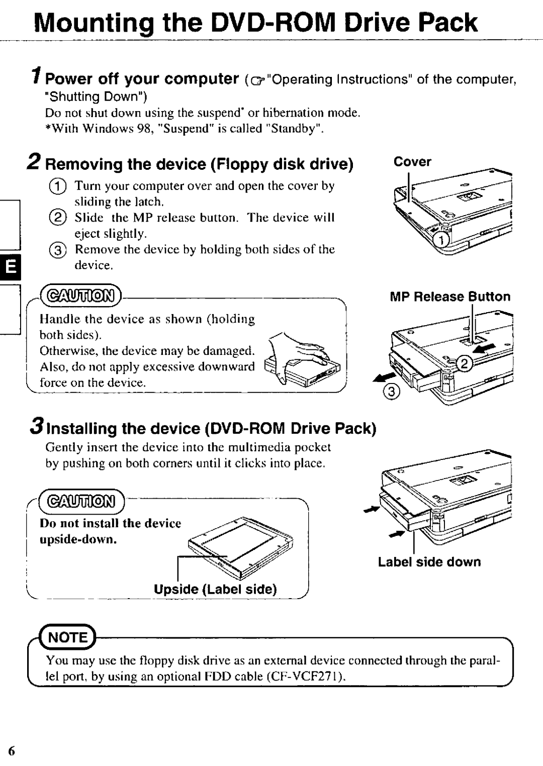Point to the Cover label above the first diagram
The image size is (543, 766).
coord(412,162)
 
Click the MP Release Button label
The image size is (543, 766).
coord(450,297)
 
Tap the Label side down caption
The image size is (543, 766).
coord(429,562)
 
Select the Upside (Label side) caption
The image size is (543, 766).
coord(215,590)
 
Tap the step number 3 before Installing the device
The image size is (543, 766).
coord(35,427)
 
